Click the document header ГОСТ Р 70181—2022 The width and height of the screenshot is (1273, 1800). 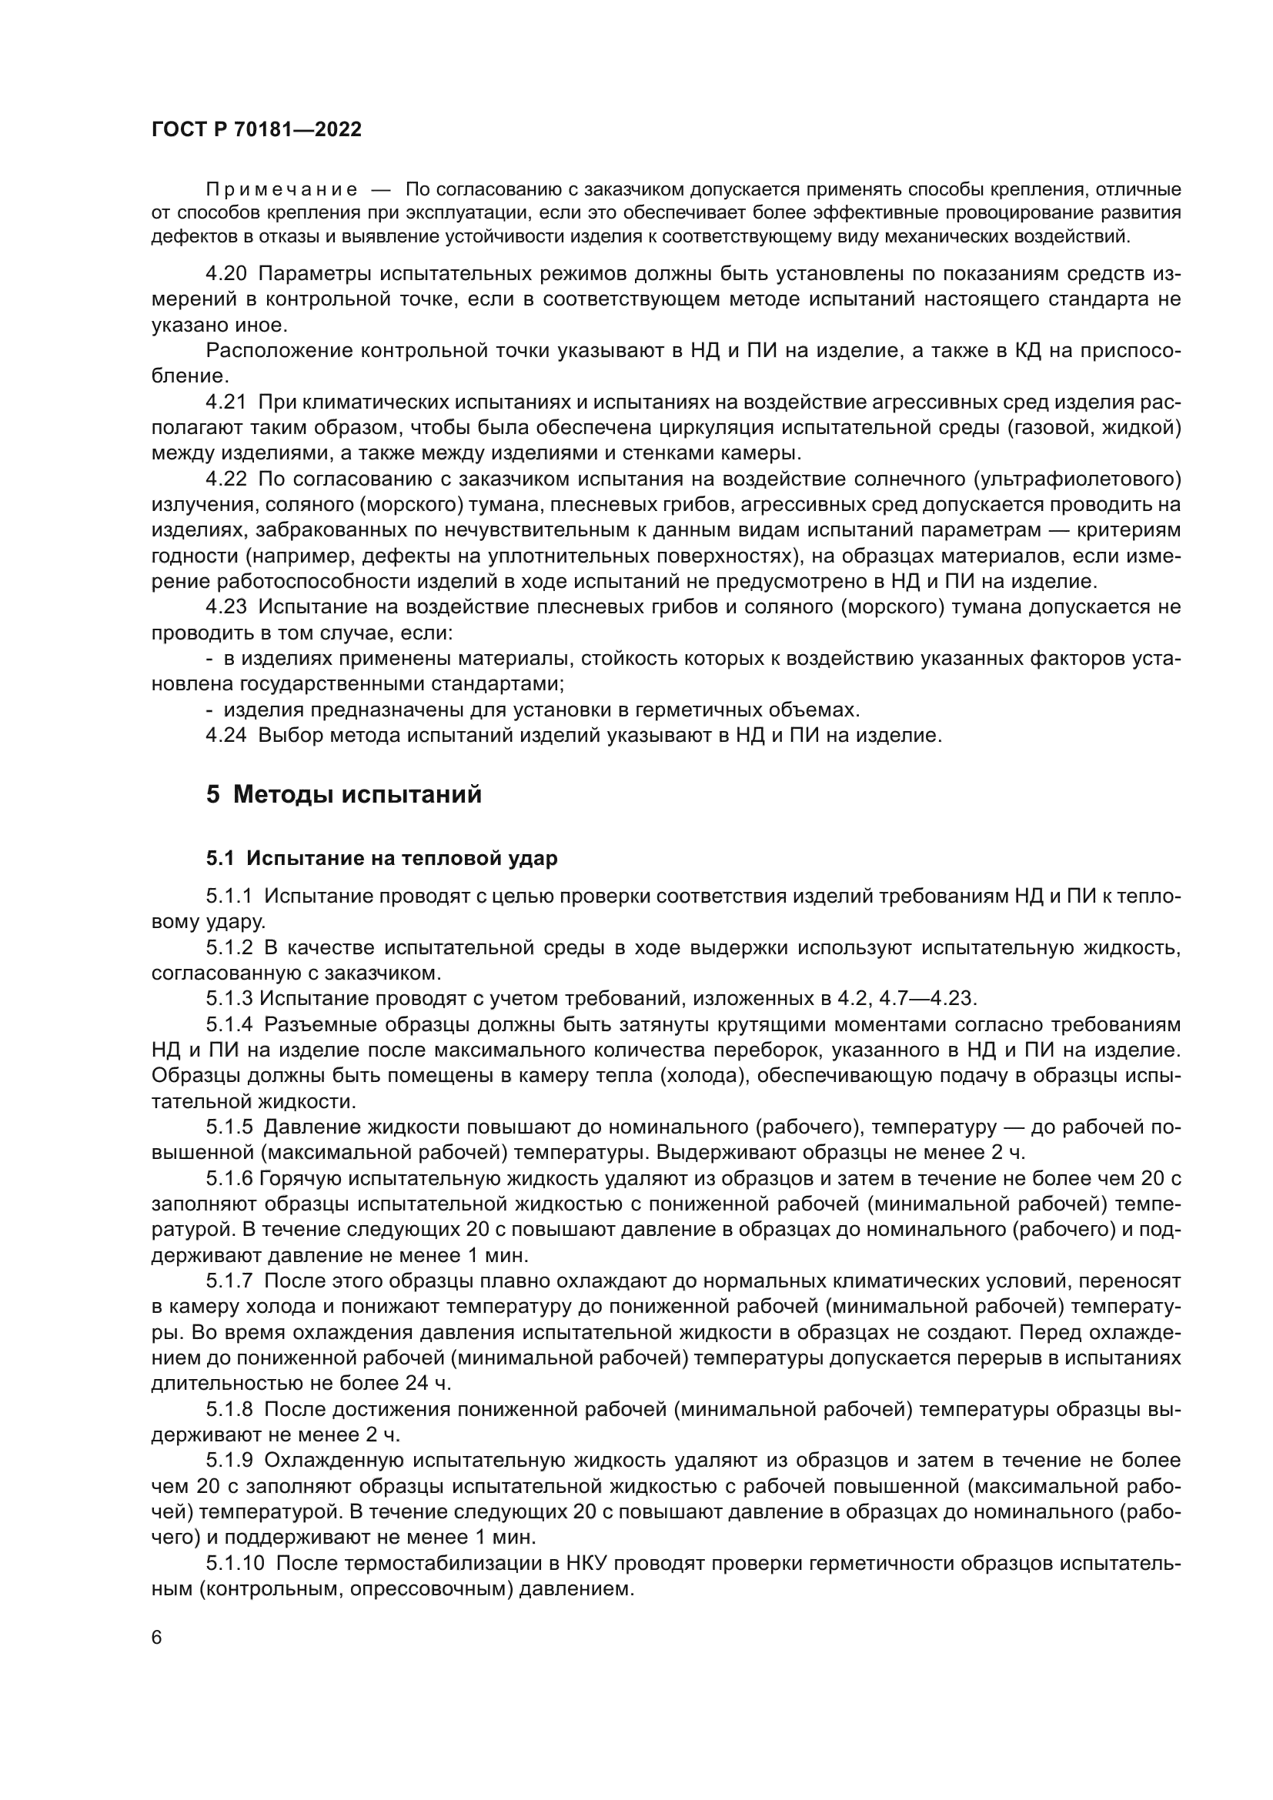click(x=256, y=130)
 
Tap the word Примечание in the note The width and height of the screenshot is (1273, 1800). click(x=282, y=190)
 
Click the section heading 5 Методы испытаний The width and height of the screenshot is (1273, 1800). click(x=344, y=795)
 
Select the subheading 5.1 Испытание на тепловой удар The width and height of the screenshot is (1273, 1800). click(x=382, y=859)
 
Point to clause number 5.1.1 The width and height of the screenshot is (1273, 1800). click(x=229, y=896)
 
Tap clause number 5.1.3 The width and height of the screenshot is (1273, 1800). click(x=229, y=999)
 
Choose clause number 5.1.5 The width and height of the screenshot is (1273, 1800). click(x=229, y=1127)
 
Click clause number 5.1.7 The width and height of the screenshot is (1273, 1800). click(x=229, y=1281)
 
